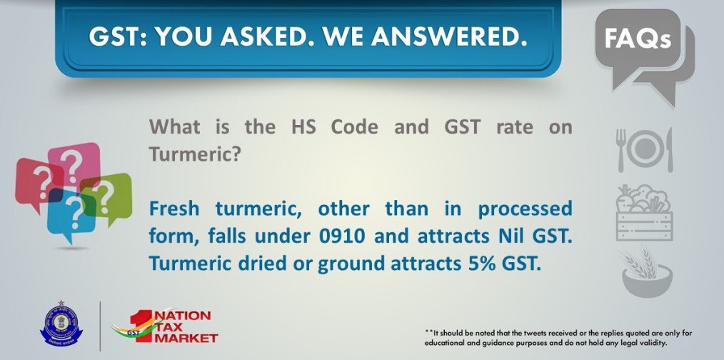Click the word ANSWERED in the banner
coord(449,36)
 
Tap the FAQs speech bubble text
coord(637,39)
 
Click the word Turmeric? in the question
coord(195,154)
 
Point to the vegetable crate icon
coord(644,213)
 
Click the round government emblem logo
coord(61,325)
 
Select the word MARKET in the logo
coord(186,339)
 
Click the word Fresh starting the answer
coord(174,209)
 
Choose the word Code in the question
coord(354,127)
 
